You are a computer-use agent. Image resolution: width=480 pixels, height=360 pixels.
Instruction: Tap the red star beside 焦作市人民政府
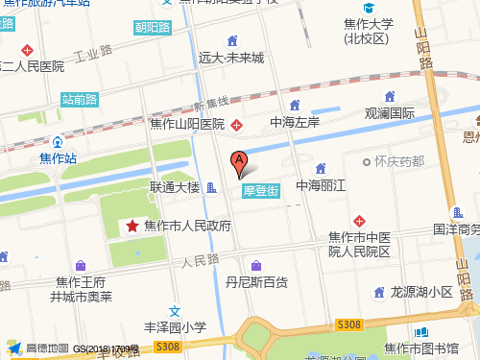(132, 226)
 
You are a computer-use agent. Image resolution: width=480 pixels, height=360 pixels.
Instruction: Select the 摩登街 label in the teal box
(260, 191)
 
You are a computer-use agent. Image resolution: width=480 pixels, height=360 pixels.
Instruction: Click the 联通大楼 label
(174, 187)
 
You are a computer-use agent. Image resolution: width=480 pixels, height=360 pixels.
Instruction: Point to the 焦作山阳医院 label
(186, 124)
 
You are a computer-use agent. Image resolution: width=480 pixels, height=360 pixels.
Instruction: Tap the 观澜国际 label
(390, 113)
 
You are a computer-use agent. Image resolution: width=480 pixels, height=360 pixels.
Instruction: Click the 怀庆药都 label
(400, 161)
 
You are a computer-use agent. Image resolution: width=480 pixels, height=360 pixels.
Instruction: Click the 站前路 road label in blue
(80, 98)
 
